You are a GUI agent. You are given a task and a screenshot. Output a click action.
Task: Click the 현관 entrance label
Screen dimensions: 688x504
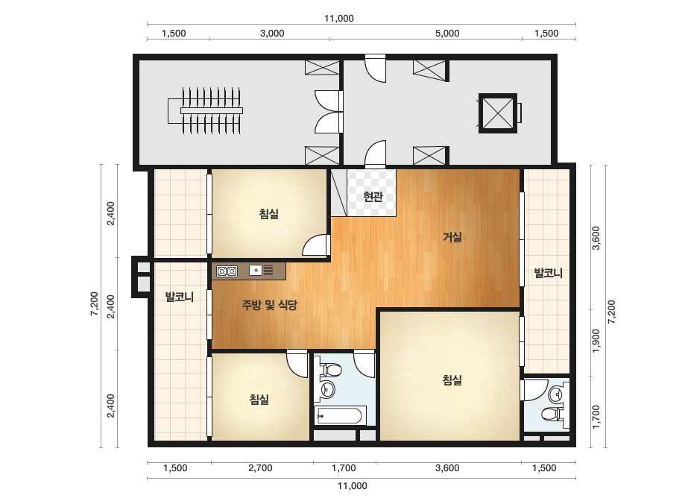[373, 196]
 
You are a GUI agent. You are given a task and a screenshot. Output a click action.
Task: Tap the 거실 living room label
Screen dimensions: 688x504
[452, 238]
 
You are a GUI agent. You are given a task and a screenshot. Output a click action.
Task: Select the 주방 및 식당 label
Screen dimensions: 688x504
[269, 304]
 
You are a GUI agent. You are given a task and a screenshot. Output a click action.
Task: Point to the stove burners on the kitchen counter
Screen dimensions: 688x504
[227, 271]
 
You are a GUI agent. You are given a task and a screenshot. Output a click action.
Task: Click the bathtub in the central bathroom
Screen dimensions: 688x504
[341, 415]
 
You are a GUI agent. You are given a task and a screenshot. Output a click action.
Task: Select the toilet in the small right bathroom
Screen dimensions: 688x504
[552, 414]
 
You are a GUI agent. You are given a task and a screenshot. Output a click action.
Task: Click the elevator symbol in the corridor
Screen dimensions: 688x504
[498, 113]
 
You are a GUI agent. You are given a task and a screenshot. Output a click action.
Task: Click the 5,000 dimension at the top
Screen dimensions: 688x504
[447, 34]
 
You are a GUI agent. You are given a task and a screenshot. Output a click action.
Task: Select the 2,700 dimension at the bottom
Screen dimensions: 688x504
[260, 468]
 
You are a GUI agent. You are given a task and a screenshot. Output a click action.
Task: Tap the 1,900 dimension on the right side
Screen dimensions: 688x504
[596, 341]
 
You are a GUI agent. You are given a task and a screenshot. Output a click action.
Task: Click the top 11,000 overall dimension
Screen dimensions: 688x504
[338, 19]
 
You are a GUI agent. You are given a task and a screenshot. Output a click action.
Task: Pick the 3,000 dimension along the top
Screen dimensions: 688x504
[272, 34]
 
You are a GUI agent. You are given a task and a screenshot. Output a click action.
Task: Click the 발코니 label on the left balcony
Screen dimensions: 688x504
[179, 297]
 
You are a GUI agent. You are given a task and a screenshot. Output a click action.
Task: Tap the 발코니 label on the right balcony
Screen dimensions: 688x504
[548, 273]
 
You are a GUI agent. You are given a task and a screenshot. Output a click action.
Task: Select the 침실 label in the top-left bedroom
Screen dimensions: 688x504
[268, 214]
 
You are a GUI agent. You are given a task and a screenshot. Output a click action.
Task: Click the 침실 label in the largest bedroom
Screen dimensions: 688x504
[452, 379]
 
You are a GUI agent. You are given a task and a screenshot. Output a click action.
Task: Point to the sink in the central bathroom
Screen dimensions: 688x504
[327, 388]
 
